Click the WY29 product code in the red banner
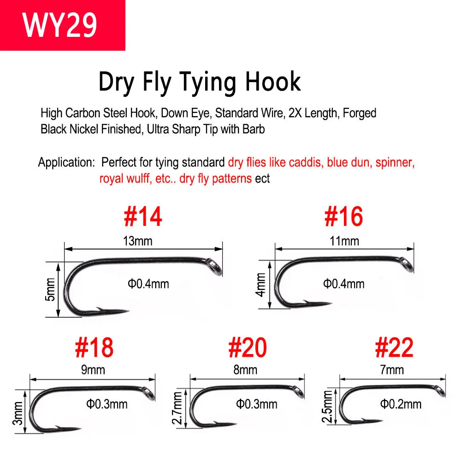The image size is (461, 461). [59, 25]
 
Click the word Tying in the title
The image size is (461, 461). [207, 83]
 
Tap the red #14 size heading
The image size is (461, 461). [143, 216]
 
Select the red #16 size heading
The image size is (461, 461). [344, 216]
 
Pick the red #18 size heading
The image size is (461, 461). [94, 348]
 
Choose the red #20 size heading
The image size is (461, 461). [248, 348]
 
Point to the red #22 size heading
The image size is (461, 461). [394, 348]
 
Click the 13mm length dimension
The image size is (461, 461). [137, 241]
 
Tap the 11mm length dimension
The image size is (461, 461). [344, 241]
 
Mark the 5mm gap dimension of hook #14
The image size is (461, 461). [50, 290]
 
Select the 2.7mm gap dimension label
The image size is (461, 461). [178, 408]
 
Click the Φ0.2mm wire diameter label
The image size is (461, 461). [401, 404]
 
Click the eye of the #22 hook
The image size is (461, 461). [441, 391]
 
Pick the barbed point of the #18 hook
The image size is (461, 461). [68, 428]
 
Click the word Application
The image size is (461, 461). [66, 162]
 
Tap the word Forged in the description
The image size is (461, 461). [360, 113]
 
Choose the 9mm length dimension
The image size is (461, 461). [93, 370]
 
